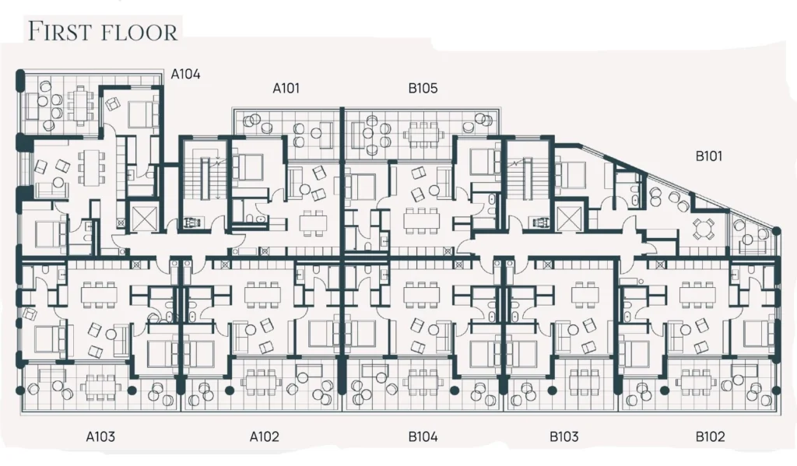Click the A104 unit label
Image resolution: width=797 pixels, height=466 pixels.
[185, 74]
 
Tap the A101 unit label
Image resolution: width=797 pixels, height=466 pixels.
[286, 89]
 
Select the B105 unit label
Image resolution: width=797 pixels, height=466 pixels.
[423, 89]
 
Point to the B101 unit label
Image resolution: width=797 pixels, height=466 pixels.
[708, 156]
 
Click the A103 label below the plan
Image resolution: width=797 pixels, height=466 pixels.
[100, 436]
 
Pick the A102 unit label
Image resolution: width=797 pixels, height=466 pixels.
[265, 436]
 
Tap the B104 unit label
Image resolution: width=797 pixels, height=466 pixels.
[423, 436]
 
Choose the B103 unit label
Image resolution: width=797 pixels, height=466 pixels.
[564, 436]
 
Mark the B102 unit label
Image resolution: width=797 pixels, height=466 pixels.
[710, 436]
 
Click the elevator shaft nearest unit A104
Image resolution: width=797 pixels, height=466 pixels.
[142, 215]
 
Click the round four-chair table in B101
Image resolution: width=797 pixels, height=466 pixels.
[704, 229]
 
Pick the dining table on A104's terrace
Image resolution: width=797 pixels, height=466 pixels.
[80, 105]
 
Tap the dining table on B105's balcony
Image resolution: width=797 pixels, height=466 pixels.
[423, 135]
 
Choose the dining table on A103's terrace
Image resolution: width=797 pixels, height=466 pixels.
[100, 388]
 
